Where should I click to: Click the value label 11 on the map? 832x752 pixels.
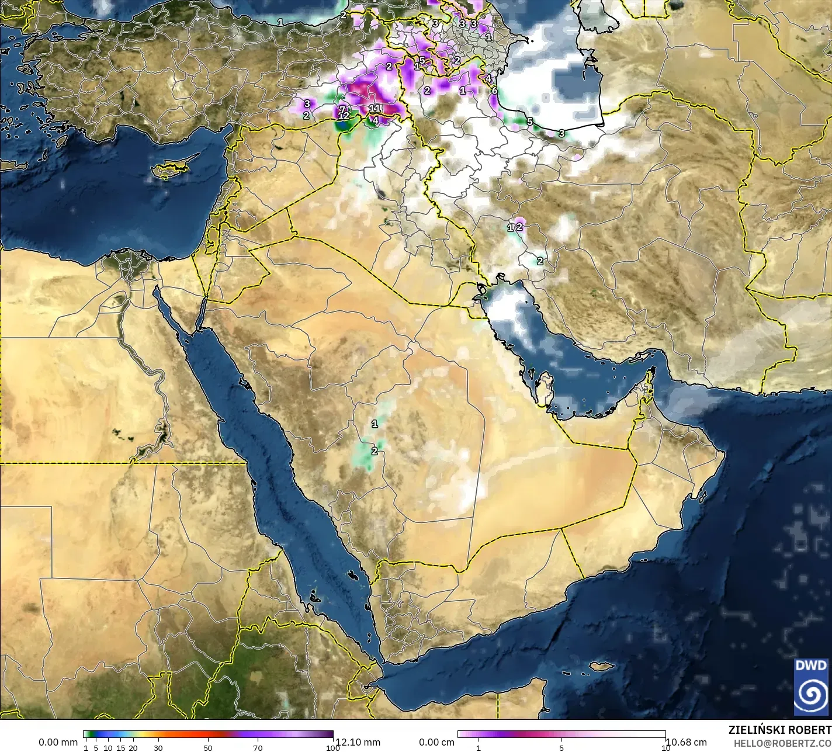[x=375, y=109]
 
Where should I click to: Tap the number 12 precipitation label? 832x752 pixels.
[x=344, y=116]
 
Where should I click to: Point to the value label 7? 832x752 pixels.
[x=342, y=109]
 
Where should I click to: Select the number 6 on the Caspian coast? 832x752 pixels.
[x=494, y=91]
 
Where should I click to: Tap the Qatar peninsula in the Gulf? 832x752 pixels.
[x=546, y=388]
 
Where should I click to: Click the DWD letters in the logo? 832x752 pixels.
[x=812, y=666]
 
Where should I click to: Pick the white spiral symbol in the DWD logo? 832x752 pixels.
[x=812, y=694]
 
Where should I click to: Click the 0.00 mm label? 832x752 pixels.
[x=58, y=742]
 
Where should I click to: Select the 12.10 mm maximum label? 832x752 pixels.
[x=358, y=742]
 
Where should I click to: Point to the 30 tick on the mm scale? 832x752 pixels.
[x=158, y=748]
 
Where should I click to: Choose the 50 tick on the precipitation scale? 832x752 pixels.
[x=208, y=748]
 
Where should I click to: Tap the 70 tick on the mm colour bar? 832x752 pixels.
[x=258, y=748]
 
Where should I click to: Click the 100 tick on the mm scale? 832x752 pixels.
[x=332, y=748]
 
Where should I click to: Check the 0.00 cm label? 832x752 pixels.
[x=436, y=742]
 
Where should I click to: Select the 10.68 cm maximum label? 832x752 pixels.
[x=686, y=742]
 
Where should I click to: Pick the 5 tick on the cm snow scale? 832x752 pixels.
[x=561, y=748]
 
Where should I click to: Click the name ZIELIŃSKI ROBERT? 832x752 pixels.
[x=779, y=730]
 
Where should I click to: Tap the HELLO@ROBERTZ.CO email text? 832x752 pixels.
[x=782, y=743]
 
